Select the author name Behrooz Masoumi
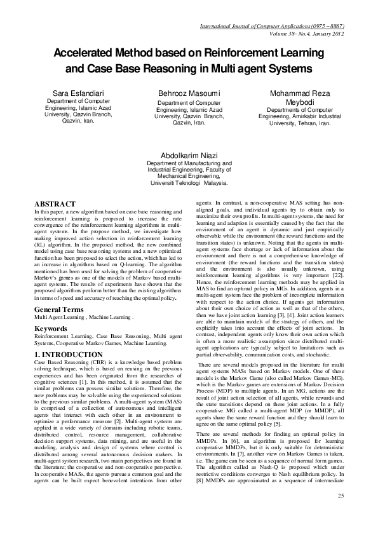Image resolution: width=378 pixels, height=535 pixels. tap(189, 93)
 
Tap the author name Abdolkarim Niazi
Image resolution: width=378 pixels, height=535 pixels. tap(189, 154)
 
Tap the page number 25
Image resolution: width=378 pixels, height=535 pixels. tap(341, 514)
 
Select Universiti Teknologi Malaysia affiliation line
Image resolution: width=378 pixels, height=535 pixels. tap(189, 183)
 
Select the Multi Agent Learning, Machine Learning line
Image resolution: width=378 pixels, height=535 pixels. tap(84, 316)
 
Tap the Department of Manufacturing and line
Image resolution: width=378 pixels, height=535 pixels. tap(189, 163)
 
